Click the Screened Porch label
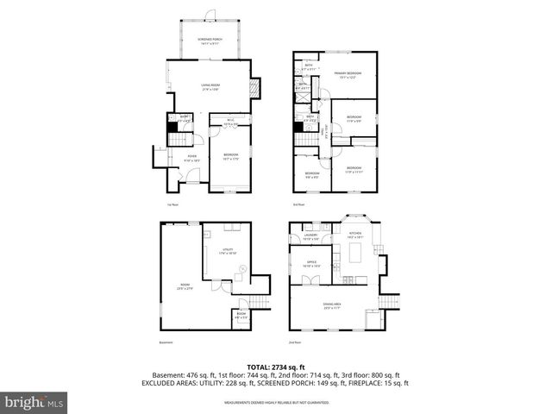(209, 40)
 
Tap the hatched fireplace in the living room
(254, 88)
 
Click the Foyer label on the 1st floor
(191, 158)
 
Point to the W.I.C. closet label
(229, 122)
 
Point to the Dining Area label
(331, 306)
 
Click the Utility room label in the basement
(228, 251)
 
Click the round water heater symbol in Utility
(243, 268)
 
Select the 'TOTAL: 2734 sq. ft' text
(275, 367)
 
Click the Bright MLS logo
(34, 402)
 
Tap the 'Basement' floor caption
(166, 342)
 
